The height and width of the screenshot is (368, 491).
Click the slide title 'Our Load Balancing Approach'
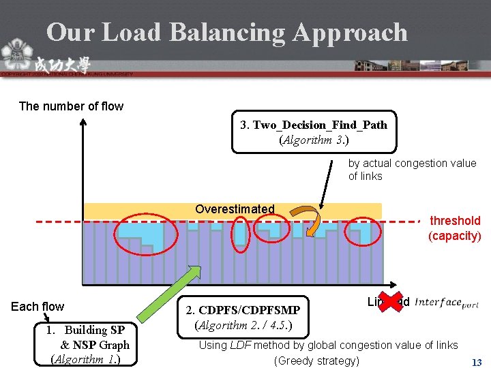click(x=226, y=32)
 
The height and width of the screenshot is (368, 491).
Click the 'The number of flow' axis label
click(x=71, y=106)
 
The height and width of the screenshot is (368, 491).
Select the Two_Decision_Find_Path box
click(x=314, y=132)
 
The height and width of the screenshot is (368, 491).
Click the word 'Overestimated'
click(x=235, y=209)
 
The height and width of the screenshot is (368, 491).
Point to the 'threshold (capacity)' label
click(x=454, y=228)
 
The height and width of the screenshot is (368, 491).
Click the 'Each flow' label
click(x=38, y=307)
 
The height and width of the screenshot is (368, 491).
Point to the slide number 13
click(x=477, y=363)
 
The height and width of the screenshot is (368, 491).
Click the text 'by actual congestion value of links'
click(x=412, y=170)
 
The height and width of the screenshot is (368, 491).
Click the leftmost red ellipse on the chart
click(x=145, y=236)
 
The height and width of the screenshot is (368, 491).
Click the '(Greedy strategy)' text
click(x=316, y=360)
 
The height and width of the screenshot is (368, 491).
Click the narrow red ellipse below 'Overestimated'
click(x=240, y=234)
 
